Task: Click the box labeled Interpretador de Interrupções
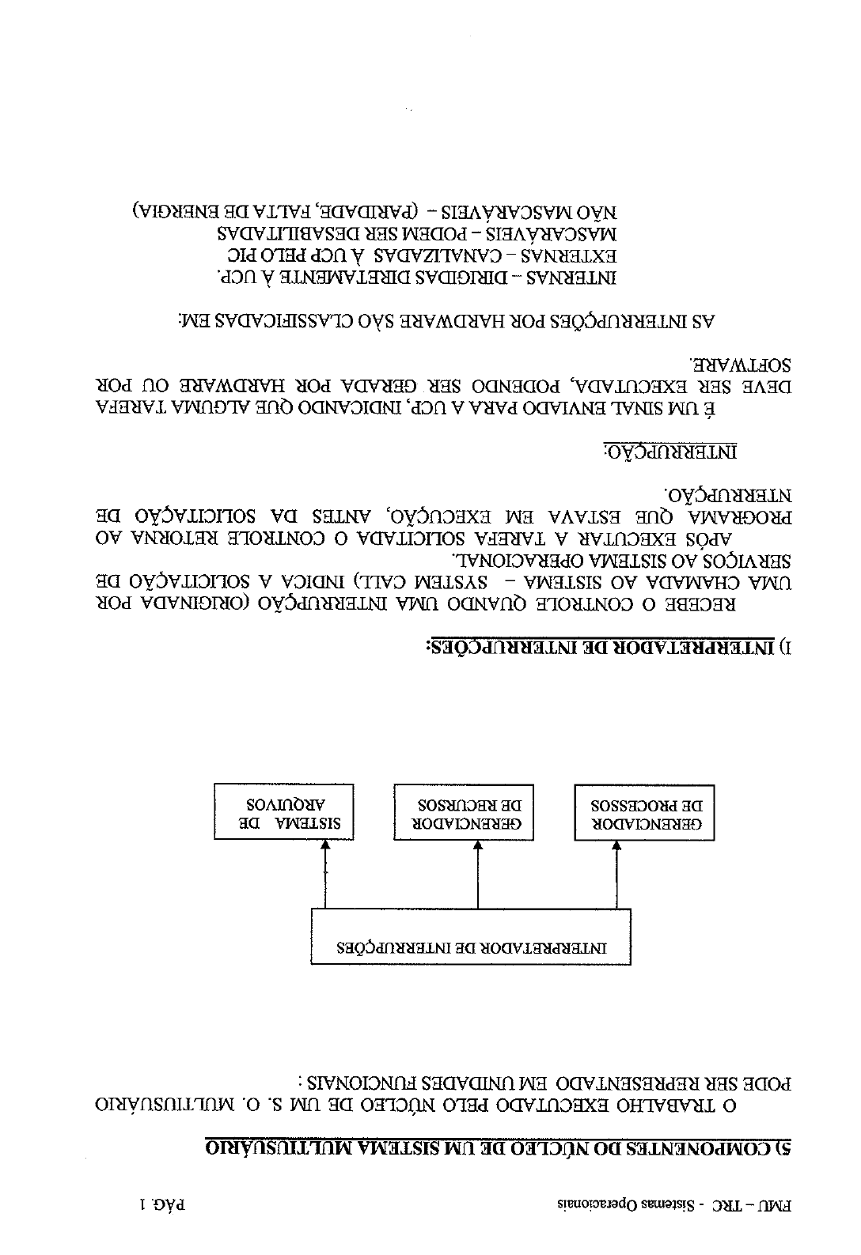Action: (471, 936)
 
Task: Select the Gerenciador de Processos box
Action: (644, 812)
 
